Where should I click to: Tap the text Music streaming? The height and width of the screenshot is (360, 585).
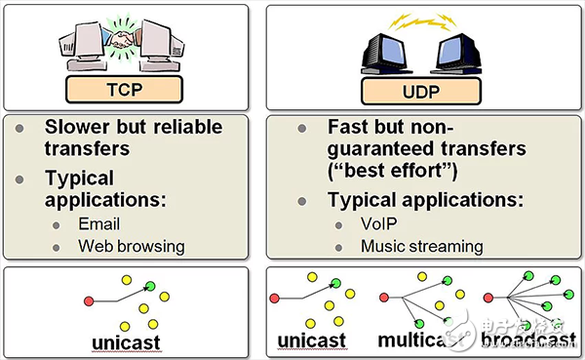[x=422, y=246]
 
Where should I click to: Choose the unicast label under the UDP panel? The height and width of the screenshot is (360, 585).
[x=314, y=341]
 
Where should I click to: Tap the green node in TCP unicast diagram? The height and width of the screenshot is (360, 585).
[x=149, y=286]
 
